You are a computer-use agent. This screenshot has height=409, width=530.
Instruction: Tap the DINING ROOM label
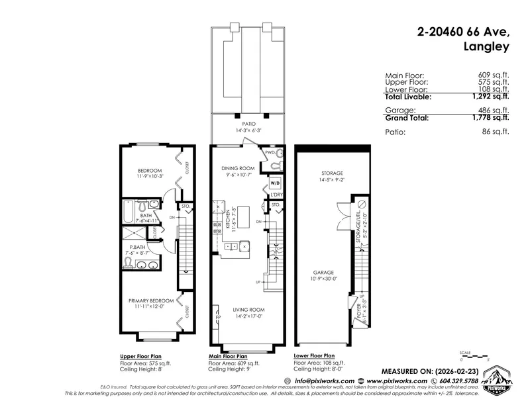[x=238, y=169]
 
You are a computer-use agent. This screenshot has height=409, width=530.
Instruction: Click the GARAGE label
[x=324, y=271]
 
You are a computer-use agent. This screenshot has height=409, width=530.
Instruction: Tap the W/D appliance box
[x=276, y=183]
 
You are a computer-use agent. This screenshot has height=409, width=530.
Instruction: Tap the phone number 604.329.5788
[x=450, y=381]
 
